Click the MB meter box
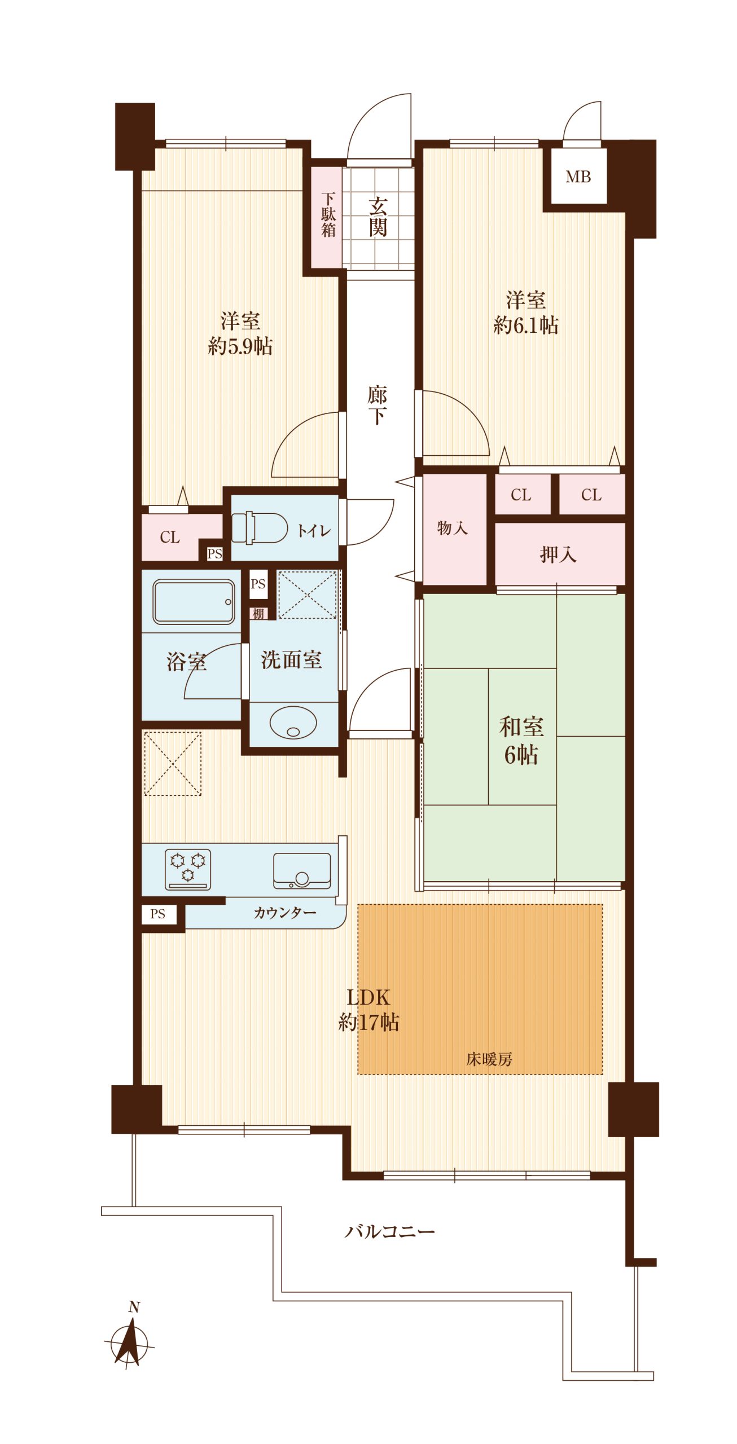578,177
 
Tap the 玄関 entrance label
378,217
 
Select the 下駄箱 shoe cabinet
328,217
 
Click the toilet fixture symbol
260,528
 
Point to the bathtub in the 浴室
194,602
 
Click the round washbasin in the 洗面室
293,723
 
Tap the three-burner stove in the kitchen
188,869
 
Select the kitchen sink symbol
302,870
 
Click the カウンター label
284,913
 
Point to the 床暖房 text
489,1059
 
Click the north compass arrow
131,1341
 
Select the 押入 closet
560,554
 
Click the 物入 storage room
454,529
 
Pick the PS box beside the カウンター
158,914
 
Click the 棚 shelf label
258,614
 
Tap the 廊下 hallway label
377,405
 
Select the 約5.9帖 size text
240,346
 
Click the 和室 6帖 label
521,741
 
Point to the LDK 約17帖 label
368,1010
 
